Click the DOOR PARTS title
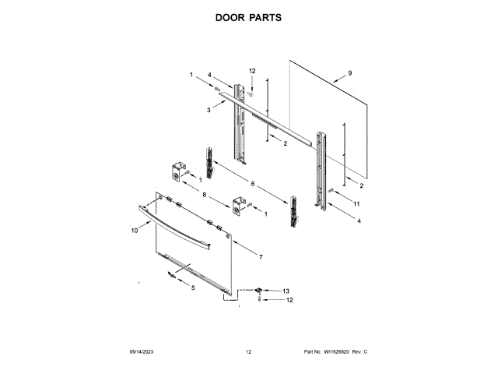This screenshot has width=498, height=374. pos(248,17)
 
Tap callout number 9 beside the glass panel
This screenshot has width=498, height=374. pos(350,73)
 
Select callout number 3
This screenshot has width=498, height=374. pos(209,111)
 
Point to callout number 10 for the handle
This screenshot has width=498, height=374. pos(134,231)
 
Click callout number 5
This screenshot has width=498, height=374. pos(194,288)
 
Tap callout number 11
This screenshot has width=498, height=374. pos(356,204)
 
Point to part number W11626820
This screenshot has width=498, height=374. pos(337,353)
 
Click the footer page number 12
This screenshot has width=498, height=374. pos(248,353)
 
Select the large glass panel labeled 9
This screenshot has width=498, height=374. pos(327,117)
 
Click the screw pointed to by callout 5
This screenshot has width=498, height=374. pos(170,274)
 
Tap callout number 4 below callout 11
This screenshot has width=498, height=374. pos(359,221)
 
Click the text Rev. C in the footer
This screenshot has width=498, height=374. pos(360,353)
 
